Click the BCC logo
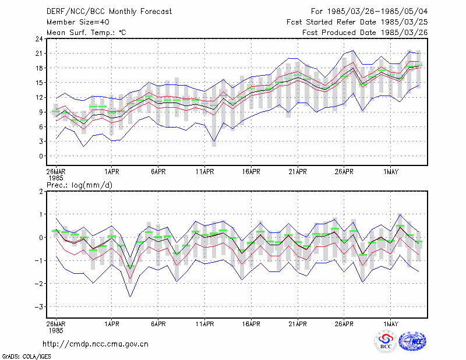386,341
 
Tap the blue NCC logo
412,341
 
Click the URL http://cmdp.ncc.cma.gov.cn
96,344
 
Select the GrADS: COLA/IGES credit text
27,357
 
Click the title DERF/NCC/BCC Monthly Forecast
109,12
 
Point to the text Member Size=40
78,22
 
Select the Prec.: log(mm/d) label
79,185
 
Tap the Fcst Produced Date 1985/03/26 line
365,33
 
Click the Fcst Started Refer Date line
357,22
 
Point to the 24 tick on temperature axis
40,38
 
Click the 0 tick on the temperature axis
41,156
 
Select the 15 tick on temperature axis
40,83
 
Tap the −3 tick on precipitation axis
38,306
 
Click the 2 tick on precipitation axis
41,191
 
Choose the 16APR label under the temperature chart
251,172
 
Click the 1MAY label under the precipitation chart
390,324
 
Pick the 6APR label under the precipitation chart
158,324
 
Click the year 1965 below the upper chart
56,178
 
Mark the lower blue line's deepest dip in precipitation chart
130,297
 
